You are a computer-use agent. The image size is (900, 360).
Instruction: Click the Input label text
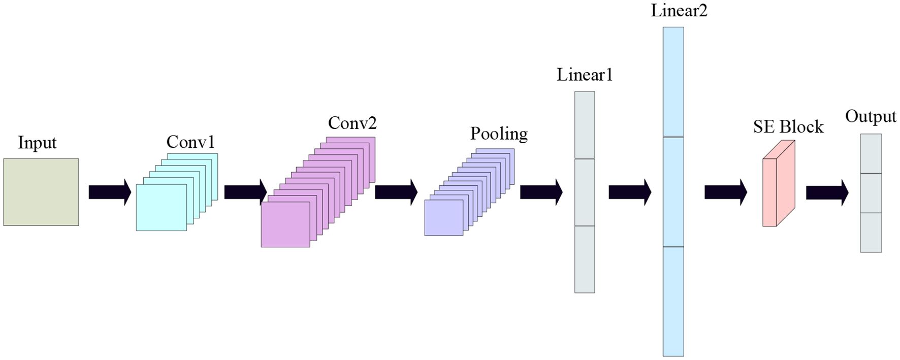37,143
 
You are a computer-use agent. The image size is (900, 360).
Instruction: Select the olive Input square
41,192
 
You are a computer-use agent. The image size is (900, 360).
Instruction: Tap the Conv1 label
190,142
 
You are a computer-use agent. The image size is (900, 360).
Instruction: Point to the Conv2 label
352,123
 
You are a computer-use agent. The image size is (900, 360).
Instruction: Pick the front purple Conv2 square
285,224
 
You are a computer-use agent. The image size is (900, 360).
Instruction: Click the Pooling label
499,134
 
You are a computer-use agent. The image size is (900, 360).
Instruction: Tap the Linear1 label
585,75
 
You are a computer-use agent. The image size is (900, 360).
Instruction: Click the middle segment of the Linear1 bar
585,192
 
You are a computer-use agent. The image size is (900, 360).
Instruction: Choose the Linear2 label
679,11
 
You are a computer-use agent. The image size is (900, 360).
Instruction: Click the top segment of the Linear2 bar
673,82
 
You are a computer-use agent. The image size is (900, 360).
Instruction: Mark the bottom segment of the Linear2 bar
673,301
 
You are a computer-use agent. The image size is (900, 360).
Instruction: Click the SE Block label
788,127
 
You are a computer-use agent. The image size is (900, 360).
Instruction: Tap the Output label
871,116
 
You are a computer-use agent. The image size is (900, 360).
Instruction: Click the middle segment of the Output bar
871,193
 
